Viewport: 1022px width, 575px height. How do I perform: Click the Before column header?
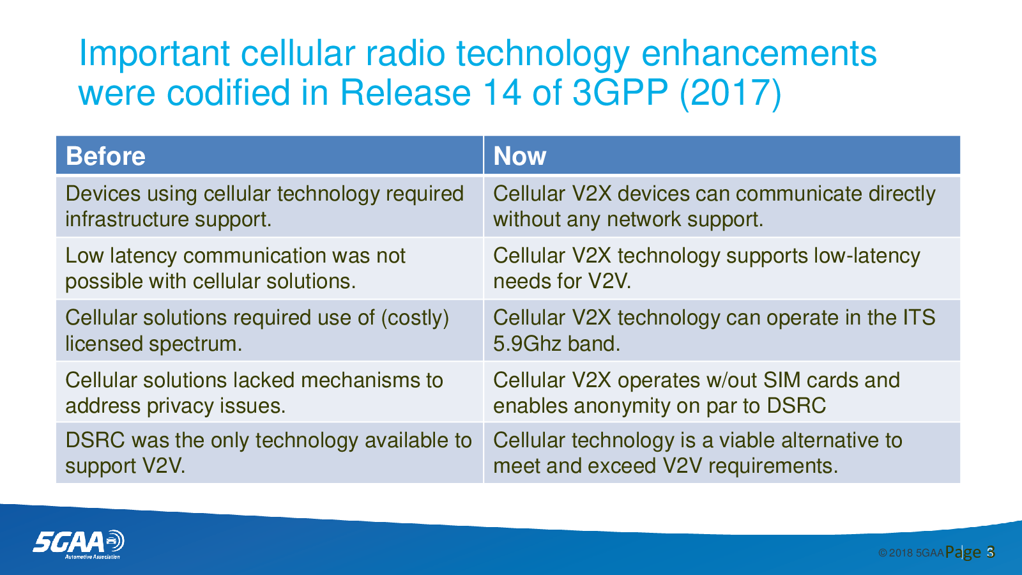pyautogui.click(x=105, y=156)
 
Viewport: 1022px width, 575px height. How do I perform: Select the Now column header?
pyautogui.click(x=520, y=156)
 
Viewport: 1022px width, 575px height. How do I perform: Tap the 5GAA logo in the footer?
pyautogui.click(x=79, y=544)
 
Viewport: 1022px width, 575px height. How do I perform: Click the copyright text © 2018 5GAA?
pyautogui.click(x=911, y=553)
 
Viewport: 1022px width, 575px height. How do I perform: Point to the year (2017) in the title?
pyautogui.click(x=731, y=93)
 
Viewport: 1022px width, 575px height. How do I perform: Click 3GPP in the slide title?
pyautogui.click(x=620, y=92)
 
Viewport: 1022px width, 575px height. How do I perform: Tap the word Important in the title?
pyautogui.click(x=154, y=54)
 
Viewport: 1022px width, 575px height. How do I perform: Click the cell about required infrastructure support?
pyautogui.click(x=269, y=206)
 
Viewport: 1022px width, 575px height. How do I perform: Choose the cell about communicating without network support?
pyautogui.click(x=722, y=206)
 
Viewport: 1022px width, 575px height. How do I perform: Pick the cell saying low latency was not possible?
pyautogui.click(x=269, y=268)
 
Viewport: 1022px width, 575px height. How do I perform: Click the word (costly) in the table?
pyautogui.click(x=415, y=318)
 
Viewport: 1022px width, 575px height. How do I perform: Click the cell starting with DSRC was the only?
pyautogui.click(x=269, y=453)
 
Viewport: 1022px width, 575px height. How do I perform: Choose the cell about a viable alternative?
pyautogui.click(x=722, y=453)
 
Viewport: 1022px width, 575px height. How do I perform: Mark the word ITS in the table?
pyautogui.click(x=919, y=318)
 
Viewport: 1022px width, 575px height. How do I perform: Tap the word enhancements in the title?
pyautogui.click(x=759, y=54)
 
